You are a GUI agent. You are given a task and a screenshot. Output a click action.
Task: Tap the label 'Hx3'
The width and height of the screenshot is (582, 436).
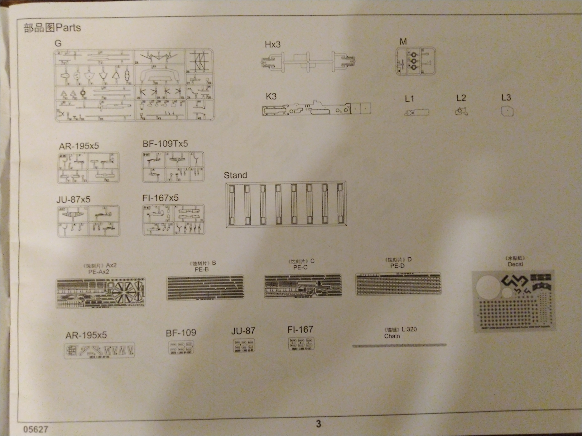272,45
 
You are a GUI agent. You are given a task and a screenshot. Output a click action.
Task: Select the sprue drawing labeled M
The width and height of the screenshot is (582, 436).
415,61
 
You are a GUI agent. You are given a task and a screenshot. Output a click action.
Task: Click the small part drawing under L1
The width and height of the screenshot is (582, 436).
416,112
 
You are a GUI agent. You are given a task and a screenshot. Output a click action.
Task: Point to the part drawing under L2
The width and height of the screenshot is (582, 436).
461,111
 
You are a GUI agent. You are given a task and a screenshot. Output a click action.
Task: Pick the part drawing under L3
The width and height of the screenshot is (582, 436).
507,111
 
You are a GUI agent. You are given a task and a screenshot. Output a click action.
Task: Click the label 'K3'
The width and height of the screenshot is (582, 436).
271,97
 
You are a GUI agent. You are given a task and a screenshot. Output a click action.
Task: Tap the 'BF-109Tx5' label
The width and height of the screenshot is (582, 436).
165,144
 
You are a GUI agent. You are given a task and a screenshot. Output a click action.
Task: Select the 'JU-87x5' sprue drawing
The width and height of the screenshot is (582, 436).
89,221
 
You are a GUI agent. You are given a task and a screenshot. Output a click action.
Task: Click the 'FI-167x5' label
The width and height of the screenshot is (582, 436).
160,198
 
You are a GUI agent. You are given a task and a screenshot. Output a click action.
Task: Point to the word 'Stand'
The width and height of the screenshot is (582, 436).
235,175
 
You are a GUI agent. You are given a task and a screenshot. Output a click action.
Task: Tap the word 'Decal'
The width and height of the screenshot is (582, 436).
515,264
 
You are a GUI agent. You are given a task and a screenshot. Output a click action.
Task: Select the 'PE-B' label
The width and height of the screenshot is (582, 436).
202,269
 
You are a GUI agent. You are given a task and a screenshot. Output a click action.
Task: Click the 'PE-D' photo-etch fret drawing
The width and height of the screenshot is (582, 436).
398,283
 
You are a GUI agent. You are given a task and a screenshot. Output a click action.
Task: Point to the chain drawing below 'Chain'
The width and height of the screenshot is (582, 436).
399,345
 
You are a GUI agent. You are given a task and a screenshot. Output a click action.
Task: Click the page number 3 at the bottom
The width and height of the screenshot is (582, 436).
318,424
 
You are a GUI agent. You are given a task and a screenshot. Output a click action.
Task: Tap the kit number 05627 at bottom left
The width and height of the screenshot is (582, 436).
36,429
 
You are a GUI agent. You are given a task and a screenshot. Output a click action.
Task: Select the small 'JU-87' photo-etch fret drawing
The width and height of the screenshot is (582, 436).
244,345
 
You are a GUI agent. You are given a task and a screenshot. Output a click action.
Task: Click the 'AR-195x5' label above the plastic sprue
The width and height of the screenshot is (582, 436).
79,146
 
